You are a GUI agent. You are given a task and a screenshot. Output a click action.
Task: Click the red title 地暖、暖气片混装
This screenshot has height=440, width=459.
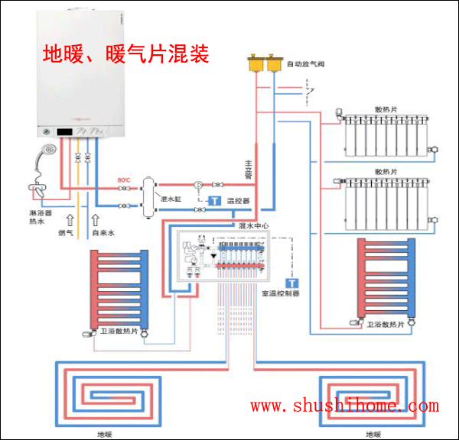pos(125,56)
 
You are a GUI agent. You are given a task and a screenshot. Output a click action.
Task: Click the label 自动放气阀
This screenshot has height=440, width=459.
pos(306,65)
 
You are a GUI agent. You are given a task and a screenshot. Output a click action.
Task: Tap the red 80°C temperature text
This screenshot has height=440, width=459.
pos(123,180)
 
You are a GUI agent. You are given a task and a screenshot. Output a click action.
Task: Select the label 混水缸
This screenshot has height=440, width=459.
pos(170,199)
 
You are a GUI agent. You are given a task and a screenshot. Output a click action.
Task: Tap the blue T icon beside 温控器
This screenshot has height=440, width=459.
pos(216,201)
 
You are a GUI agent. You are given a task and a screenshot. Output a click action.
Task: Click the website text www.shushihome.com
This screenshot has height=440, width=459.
pos(344,406)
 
